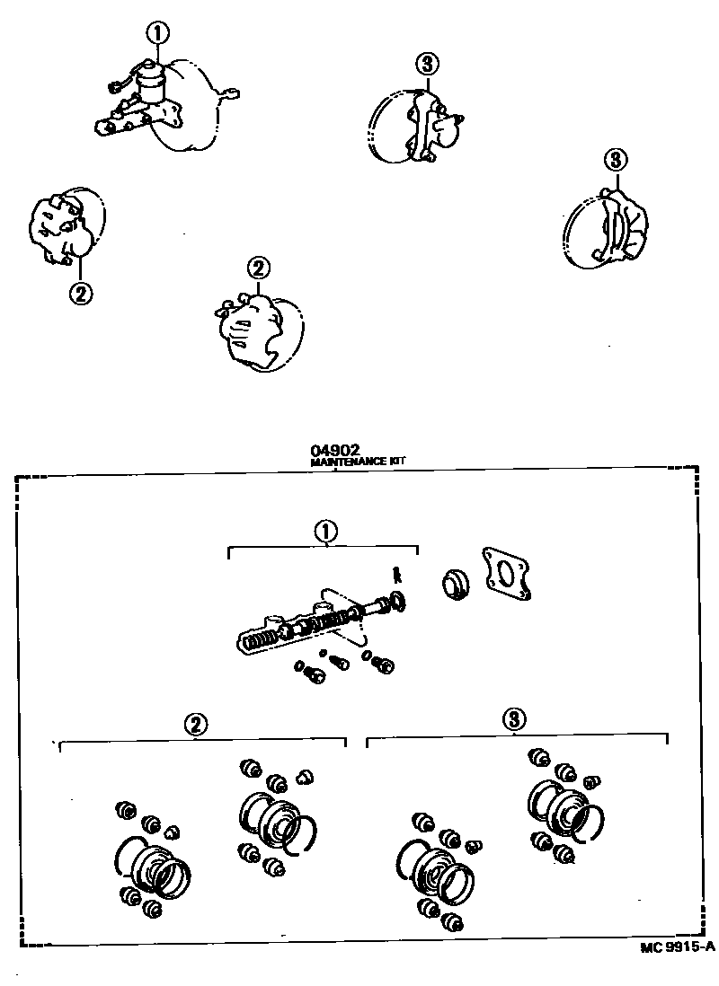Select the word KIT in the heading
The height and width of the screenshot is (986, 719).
point(398,462)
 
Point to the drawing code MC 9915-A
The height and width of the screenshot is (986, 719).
point(678,947)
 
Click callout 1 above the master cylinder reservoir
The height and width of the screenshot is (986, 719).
point(158,34)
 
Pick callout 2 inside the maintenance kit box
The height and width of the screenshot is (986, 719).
point(196,724)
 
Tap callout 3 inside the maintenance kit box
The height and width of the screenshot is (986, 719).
point(514,718)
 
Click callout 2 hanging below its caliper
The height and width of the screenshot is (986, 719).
point(80,293)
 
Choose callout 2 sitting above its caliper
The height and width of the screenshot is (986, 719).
point(258,269)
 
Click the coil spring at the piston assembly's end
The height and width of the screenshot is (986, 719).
point(255,639)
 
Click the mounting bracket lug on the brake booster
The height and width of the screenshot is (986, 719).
point(232,92)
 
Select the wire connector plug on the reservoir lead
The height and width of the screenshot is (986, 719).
point(115,87)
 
